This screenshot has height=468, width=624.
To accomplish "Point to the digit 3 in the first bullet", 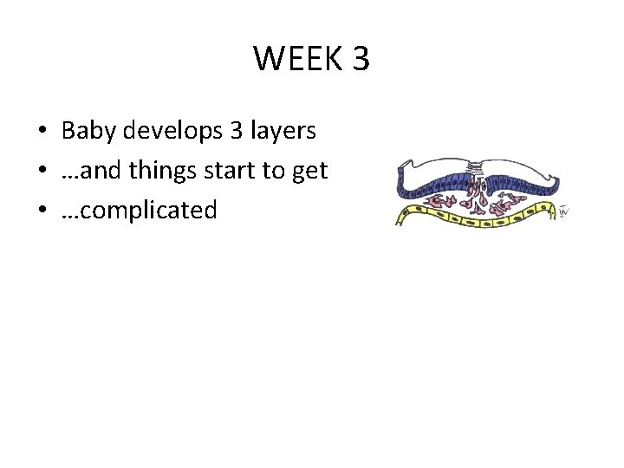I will coord(236,131).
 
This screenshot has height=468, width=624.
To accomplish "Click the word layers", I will coord(282,132).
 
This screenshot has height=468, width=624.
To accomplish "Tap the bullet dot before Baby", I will coord(42,133).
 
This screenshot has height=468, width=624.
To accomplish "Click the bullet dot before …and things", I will coord(42,172).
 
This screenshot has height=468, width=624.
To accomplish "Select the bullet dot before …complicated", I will coord(42,211).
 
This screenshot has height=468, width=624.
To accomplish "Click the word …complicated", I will coord(139,211).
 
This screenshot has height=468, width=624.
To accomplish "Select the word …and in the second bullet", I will coord(90,171).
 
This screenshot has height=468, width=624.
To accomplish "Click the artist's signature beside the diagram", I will coord(564,211).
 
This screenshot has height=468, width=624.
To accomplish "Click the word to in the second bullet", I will coord(277,171).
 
